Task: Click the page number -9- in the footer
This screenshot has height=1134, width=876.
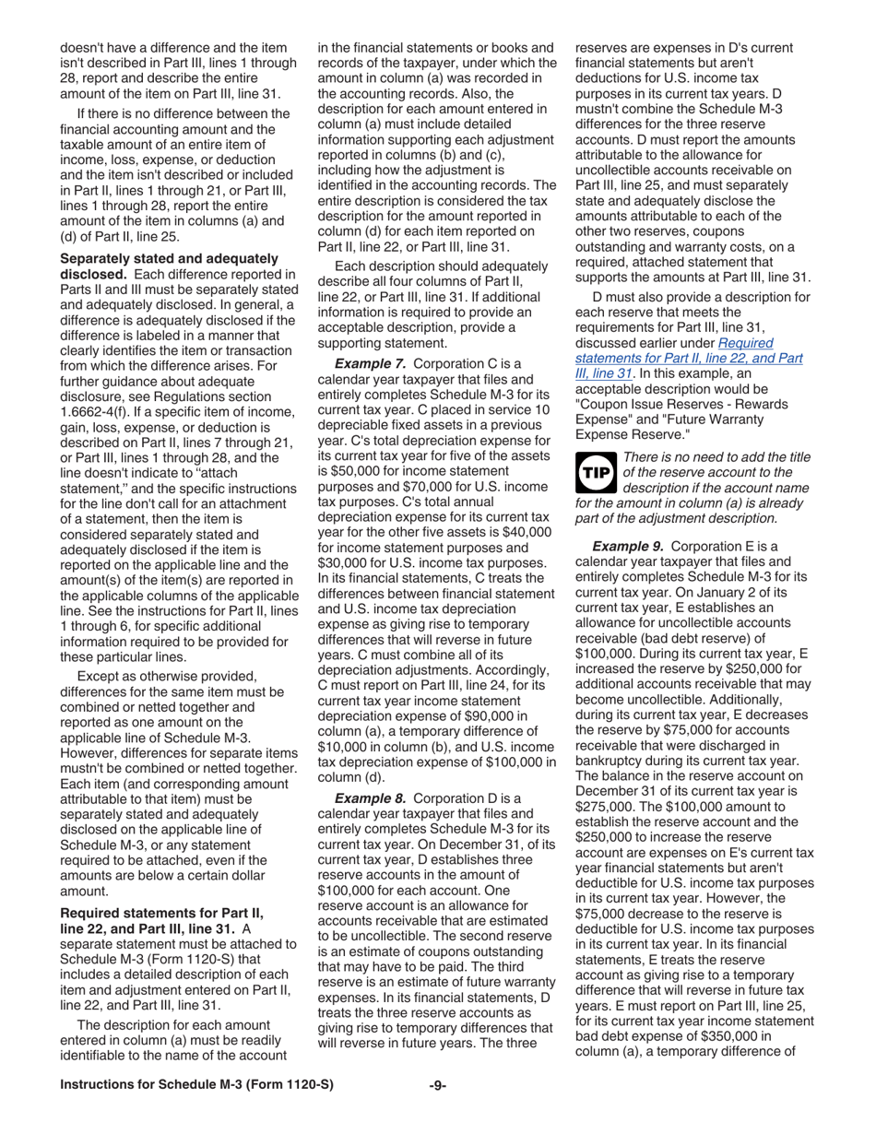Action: pyautogui.click(x=438, y=1111)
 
